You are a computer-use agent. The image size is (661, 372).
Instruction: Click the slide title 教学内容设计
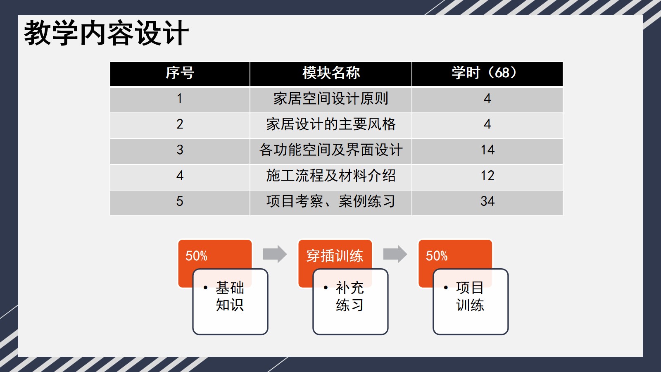[x=106, y=33]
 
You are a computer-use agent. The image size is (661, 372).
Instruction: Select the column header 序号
[x=180, y=73]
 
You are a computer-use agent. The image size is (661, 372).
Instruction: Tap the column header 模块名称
[x=331, y=73]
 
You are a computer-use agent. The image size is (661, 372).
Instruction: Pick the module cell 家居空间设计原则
[x=331, y=98]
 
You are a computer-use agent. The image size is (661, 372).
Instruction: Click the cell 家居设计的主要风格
[x=331, y=124]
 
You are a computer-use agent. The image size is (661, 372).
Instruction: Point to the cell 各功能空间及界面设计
[x=331, y=150]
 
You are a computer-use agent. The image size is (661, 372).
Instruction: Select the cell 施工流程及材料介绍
[x=331, y=175]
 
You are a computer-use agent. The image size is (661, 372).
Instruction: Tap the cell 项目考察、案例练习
[x=331, y=201]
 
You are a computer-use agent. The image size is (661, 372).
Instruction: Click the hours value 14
[x=487, y=150]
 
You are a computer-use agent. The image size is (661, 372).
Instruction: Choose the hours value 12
[x=487, y=176]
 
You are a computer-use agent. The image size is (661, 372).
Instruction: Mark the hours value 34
[x=487, y=201]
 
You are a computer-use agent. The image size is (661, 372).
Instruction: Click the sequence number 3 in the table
[x=180, y=150]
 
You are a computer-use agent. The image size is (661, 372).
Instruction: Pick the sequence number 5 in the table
[x=180, y=201]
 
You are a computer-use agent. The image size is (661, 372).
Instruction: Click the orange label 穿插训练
[x=335, y=256]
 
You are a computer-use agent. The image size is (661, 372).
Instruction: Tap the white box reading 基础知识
[x=230, y=302]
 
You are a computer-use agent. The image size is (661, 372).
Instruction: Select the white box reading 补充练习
[x=350, y=302]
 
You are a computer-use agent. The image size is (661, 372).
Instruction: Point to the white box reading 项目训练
[x=471, y=302]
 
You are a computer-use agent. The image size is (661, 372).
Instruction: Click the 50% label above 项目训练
[x=436, y=256]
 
